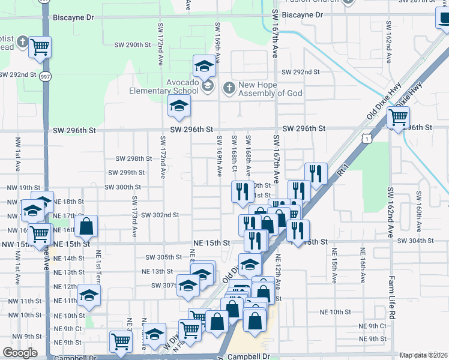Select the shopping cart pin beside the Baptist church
(40, 47)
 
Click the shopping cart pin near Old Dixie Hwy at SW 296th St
(397, 118)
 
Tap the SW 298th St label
(133, 158)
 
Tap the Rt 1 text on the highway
(343, 172)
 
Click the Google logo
(20, 353)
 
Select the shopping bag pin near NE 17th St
(87, 227)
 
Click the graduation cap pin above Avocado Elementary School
(203, 66)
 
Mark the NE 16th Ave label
(363, 265)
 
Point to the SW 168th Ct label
(234, 154)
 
